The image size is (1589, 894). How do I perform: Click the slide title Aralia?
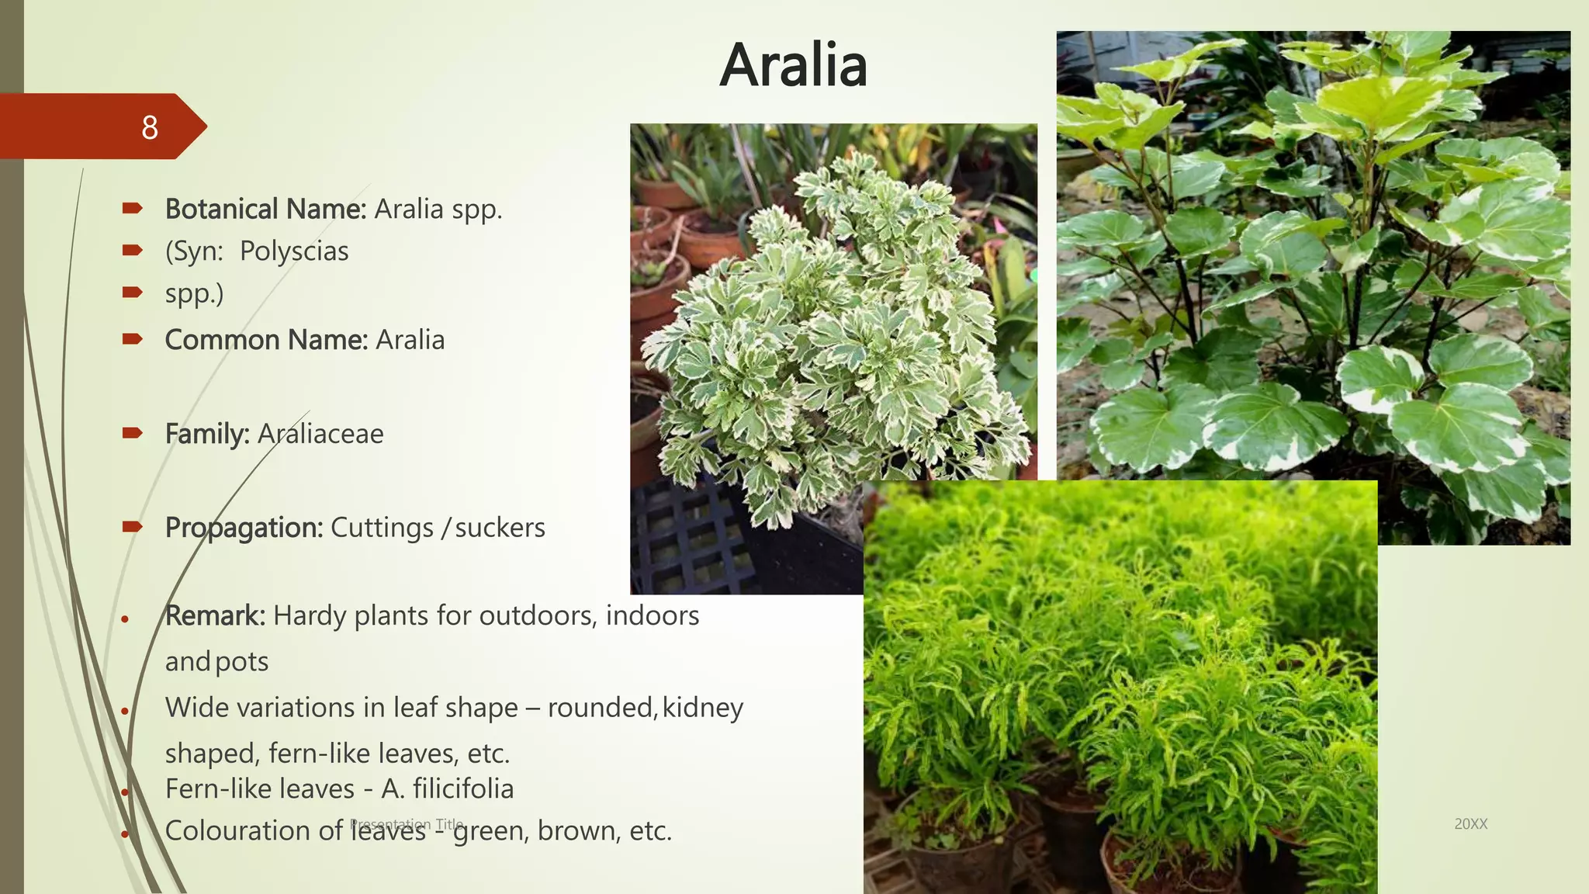[x=793, y=65]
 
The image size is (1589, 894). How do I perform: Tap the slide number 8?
[x=150, y=127]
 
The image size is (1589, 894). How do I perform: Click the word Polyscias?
[x=294, y=251]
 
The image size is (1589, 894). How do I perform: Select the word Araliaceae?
[x=320, y=434]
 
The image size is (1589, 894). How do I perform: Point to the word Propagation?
[x=244, y=528]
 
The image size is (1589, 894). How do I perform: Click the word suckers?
[x=500, y=528]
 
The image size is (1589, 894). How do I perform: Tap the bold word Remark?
[x=215, y=615]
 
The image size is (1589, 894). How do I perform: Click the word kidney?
[x=703, y=708]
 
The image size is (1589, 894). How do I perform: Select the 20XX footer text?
[x=1470, y=824]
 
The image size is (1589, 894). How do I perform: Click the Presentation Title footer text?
[x=407, y=823]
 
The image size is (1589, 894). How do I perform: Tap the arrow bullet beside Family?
[x=133, y=433]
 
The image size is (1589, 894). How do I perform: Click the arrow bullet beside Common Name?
[x=133, y=339]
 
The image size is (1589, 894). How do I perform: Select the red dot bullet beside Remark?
[x=124, y=619]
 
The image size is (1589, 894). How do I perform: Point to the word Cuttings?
[x=382, y=528]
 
